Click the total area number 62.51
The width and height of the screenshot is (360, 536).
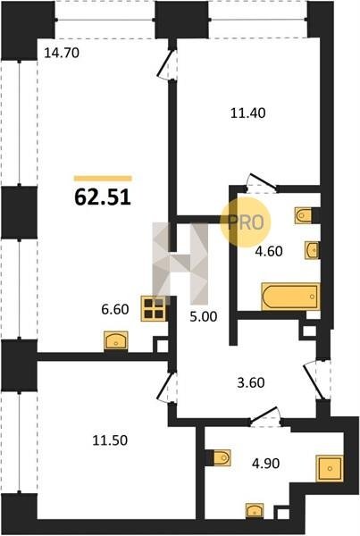point(103,197)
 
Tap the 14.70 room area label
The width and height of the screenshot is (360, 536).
point(62,53)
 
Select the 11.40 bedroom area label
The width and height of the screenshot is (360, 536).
point(247,113)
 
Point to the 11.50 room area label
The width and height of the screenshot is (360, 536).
point(110,440)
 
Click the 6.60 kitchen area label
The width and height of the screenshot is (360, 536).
point(115,309)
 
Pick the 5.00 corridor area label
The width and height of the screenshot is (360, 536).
point(203,316)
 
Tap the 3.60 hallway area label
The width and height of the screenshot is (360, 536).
point(251,382)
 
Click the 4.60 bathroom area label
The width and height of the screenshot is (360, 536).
point(269,252)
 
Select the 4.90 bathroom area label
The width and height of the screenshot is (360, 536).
point(265,464)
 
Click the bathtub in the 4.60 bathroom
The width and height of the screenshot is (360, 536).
point(290,297)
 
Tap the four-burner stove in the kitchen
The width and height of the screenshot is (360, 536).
point(154,308)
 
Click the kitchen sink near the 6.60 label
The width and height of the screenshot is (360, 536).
point(116,340)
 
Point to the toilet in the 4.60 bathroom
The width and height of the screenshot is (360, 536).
point(303,215)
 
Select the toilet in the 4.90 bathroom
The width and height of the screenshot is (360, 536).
point(222,457)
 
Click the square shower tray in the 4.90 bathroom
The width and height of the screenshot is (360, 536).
point(330,468)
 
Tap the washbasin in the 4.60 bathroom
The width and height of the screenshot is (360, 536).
point(312,250)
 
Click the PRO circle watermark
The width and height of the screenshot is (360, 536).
point(246,222)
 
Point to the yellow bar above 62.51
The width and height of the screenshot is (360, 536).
point(103,178)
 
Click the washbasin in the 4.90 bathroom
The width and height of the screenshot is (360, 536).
point(255,510)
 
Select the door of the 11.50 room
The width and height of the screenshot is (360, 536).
point(165,387)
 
